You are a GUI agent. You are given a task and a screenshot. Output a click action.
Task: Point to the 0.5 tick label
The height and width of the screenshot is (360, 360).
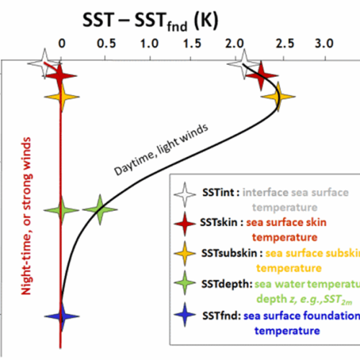click(106, 42)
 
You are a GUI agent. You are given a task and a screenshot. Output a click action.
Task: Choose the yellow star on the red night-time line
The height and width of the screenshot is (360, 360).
click(61, 96)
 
